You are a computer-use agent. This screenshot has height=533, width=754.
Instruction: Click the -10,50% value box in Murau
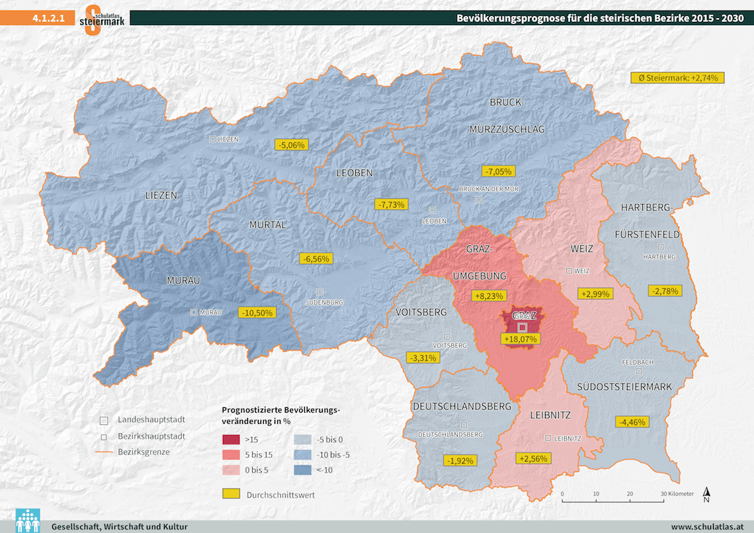click(257, 313)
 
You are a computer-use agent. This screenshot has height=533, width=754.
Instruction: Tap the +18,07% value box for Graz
click(522, 339)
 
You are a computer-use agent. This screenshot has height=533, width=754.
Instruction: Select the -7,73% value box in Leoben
click(390, 204)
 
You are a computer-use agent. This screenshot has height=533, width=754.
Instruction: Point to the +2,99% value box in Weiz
click(596, 294)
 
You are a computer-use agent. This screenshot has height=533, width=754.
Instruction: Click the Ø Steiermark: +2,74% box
click(678, 78)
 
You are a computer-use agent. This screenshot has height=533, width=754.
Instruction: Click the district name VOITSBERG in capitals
click(421, 312)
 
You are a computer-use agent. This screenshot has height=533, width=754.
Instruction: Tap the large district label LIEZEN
click(161, 196)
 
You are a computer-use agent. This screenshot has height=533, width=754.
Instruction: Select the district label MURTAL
click(268, 225)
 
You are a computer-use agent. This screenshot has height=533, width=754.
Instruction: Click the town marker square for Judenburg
click(320, 291)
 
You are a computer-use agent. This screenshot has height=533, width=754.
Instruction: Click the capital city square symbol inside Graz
click(521, 327)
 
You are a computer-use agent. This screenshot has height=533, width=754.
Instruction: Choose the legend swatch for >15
click(230, 439)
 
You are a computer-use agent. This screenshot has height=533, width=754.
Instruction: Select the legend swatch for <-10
click(303, 470)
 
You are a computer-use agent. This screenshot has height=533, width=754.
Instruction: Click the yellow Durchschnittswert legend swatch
click(230, 494)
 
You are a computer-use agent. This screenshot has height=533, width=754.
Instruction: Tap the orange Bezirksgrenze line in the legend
click(103, 452)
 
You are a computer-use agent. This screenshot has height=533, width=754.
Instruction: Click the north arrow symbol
click(707, 494)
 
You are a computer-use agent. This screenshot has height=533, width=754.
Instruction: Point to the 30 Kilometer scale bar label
click(677, 494)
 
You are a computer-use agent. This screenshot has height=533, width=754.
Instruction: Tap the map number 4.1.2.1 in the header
click(48, 19)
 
